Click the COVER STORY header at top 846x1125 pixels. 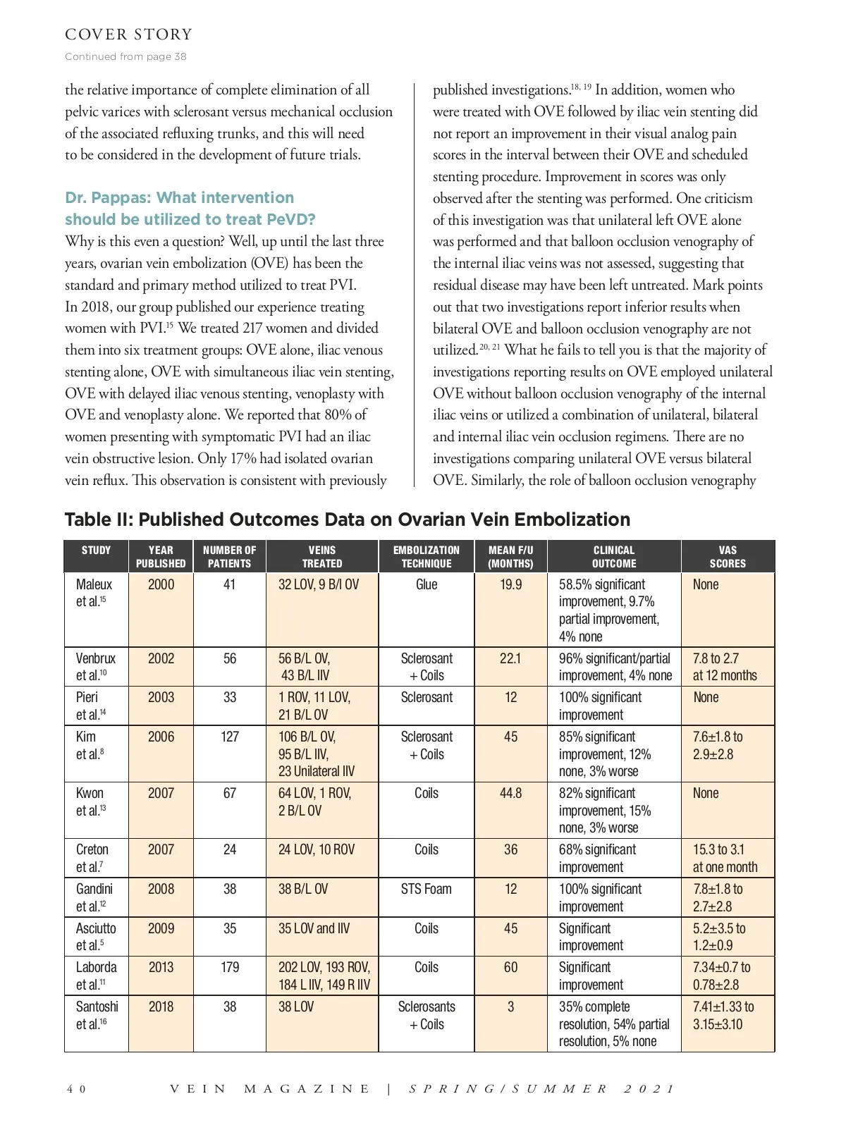click(x=128, y=35)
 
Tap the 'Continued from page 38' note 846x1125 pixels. click(x=125, y=56)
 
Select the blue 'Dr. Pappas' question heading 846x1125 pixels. click(x=190, y=208)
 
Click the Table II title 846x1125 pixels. click(x=347, y=520)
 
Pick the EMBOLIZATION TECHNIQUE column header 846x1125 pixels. click(x=426, y=556)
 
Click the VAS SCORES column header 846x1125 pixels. click(x=728, y=556)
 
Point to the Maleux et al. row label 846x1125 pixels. click(x=94, y=592)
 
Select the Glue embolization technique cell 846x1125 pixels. click(x=427, y=584)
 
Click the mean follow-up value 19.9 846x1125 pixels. click(x=510, y=584)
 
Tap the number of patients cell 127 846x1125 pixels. click(x=230, y=737)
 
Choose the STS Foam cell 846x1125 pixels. click(x=427, y=889)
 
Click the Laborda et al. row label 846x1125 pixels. click(x=96, y=976)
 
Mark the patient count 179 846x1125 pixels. click(x=230, y=967)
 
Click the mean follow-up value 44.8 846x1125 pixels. click(x=510, y=793)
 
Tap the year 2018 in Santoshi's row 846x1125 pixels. click(x=161, y=1007)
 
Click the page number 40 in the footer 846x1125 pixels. click(x=76, y=1089)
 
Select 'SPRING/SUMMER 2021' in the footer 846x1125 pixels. click(x=542, y=1089)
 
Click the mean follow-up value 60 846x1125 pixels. click(x=510, y=967)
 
